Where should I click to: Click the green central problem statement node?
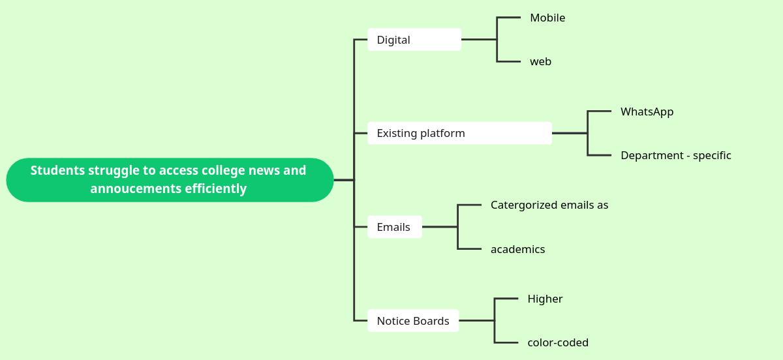tap(170, 179)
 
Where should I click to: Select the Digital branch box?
tap(414, 40)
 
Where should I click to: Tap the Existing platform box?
tap(459, 133)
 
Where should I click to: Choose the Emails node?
tap(394, 227)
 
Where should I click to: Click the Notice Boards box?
tap(413, 321)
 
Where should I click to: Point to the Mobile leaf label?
tap(547, 18)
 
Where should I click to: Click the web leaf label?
tap(540, 62)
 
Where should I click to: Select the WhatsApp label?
tap(647, 112)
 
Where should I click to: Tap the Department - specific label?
tap(675, 155)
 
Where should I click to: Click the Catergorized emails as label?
tap(549, 205)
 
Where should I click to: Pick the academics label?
tap(517, 249)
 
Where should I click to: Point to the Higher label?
tap(545, 299)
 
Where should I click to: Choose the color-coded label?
tap(558, 342)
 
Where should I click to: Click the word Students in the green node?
tap(57, 170)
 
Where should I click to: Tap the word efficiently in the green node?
tap(215, 189)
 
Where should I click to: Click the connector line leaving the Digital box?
tap(479, 40)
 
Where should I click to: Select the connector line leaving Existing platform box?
tap(570, 133)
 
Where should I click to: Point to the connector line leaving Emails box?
tap(440, 227)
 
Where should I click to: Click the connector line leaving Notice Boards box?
tap(476, 321)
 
